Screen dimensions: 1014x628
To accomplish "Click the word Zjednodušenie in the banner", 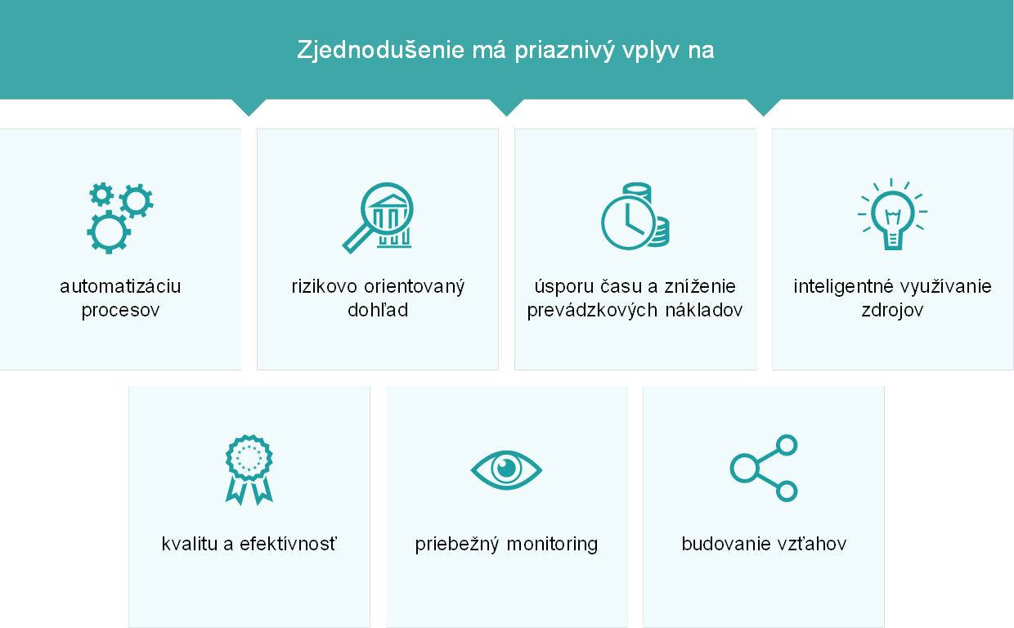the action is click(x=381, y=50).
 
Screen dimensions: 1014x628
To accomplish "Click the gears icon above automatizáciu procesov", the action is click(x=120, y=218).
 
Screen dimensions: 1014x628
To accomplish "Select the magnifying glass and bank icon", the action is click(x=378, y=218).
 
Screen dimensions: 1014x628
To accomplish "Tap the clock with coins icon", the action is click(x=635, y=217).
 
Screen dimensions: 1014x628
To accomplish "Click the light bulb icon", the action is click(x=892, y=214).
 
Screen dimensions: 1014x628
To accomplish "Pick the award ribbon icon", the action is click(x=249, y=470).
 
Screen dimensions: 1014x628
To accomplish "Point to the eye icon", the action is click(x=506, y=470).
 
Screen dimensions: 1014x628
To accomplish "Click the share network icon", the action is click(x=764, y=469).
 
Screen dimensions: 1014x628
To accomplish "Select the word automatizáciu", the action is click(x=120, y=287).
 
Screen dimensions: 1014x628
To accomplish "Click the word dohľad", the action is click(x=378, y=310).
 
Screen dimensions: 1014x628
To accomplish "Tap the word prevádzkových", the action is click(x=593, y=311).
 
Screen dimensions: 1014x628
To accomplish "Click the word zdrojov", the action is click(x=892, y=311).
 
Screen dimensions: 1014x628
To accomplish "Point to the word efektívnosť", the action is click(x=289, y=544).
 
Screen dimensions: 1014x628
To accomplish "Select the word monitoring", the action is click(x=552, y=545).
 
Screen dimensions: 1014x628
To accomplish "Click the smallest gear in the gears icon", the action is click(x=101, y=195).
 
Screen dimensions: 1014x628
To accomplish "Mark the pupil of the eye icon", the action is click(x=506, y=469).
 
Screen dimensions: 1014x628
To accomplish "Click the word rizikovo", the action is click(x=324, y=287).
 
